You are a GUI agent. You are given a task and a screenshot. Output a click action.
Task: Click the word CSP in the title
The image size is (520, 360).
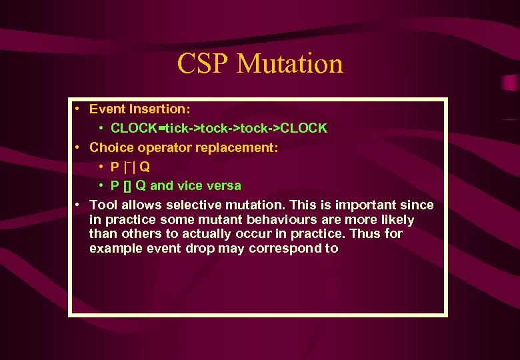[203, 64]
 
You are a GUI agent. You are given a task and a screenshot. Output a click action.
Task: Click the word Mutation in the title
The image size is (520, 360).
[289, 64]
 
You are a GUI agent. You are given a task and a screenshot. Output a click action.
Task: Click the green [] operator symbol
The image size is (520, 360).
[127, 185]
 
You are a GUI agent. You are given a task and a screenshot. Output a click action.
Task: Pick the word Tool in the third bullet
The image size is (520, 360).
[101, 205]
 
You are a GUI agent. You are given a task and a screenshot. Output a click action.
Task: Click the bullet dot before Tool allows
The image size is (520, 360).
[78, 205]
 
